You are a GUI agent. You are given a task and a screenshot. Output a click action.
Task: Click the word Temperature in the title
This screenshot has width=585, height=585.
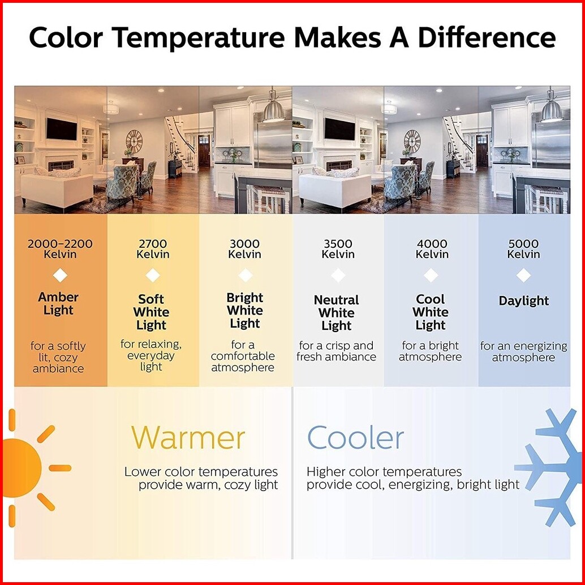pyautogui.click(x=198, y=38)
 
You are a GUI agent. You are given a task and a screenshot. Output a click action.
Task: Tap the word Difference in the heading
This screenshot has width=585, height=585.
pyautogui.click(x=487, y=37)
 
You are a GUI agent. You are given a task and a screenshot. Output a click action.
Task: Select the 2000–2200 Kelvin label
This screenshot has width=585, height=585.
pyautogui.click(x=60, y=249)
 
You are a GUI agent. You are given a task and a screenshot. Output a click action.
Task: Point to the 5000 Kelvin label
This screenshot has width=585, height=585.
pyautogui.click(x=523, y=249)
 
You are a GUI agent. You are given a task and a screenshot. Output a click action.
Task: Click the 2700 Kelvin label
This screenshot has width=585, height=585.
pyautogui.click(x=153, y=249)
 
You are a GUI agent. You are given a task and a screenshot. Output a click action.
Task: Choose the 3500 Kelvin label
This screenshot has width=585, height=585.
pyautogui.click(x=338, y=249)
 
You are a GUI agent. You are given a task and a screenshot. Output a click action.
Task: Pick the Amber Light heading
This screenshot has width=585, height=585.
pyautogui.click(x=58, y=304)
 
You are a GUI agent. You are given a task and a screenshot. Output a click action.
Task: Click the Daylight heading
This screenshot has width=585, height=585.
pyautogui.click(x=523, y=301)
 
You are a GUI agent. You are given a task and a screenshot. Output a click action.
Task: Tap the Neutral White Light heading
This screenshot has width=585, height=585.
pyautogui.click(x=337, y=313)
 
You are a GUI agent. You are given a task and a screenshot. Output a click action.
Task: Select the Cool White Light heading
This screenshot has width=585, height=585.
pyautogui.click(x=431, y=312)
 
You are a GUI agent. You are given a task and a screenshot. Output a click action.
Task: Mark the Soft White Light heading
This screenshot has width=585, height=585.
pyautogui.click(x=151, y=312)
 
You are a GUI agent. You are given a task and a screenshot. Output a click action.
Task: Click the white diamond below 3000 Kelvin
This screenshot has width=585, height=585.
pyautogui.click(x=246, y=276)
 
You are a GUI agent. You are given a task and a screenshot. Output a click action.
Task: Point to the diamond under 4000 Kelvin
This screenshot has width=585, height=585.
pyautogui.click(x=431, y=276)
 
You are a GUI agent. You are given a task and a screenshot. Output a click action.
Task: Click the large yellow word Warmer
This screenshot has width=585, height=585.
pyautogui.click(x=188, y=437)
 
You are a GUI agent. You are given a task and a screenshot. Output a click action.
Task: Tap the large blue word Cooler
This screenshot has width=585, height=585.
pyautogui.click(x=355, y=437)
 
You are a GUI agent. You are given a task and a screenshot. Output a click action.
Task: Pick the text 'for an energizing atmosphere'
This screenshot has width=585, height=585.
pyautogui.click(x=523, y=351)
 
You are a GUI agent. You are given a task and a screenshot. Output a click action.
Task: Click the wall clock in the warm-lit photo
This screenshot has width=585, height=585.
pyautogui.click(x=134, y=141)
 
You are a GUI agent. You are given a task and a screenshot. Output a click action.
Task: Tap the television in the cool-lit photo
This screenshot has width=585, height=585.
pyautogui.click(x=339, y=129)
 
